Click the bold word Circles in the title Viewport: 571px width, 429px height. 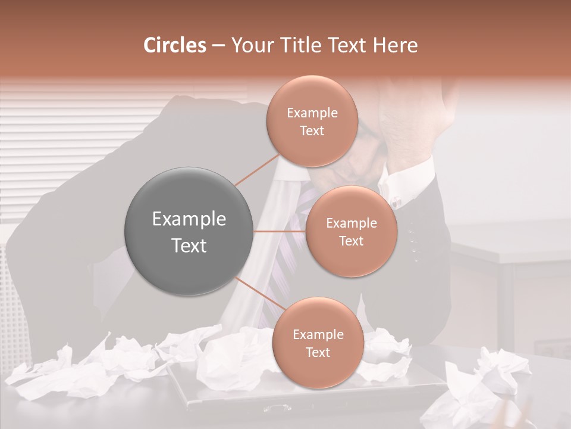(175, 45)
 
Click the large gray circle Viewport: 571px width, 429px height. (189, 231)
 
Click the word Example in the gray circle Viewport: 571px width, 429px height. (189, 219)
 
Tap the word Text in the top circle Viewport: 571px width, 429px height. (312, 131)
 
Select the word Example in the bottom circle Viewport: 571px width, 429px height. (318, 335)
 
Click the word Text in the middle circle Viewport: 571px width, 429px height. (352, 241)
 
